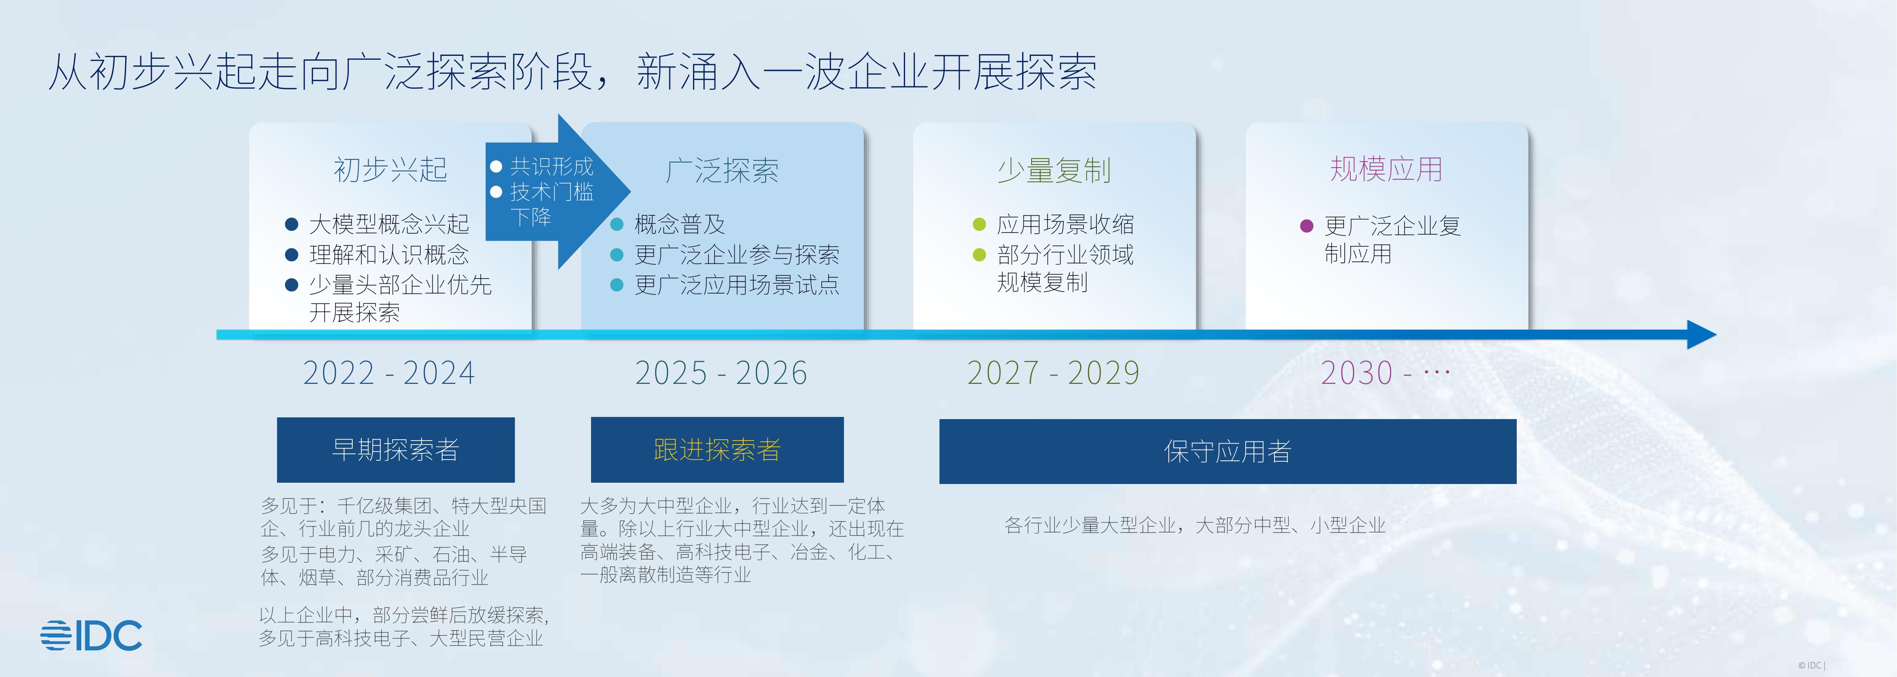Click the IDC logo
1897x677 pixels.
pos(91,635)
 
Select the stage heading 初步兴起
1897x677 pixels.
pos(390,170)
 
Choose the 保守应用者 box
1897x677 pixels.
pos(1228,451)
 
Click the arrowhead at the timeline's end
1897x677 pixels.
pos(1701,335)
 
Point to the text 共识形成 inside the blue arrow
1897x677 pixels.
pos(551,166)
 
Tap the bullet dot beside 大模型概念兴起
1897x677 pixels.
pos(292,224)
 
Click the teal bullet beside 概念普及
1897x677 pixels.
pos(617,224)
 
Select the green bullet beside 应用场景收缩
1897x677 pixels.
pos(979,224)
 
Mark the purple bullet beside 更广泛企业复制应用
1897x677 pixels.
pos(1306,226)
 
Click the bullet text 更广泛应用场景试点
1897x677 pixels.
pos(736,285)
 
